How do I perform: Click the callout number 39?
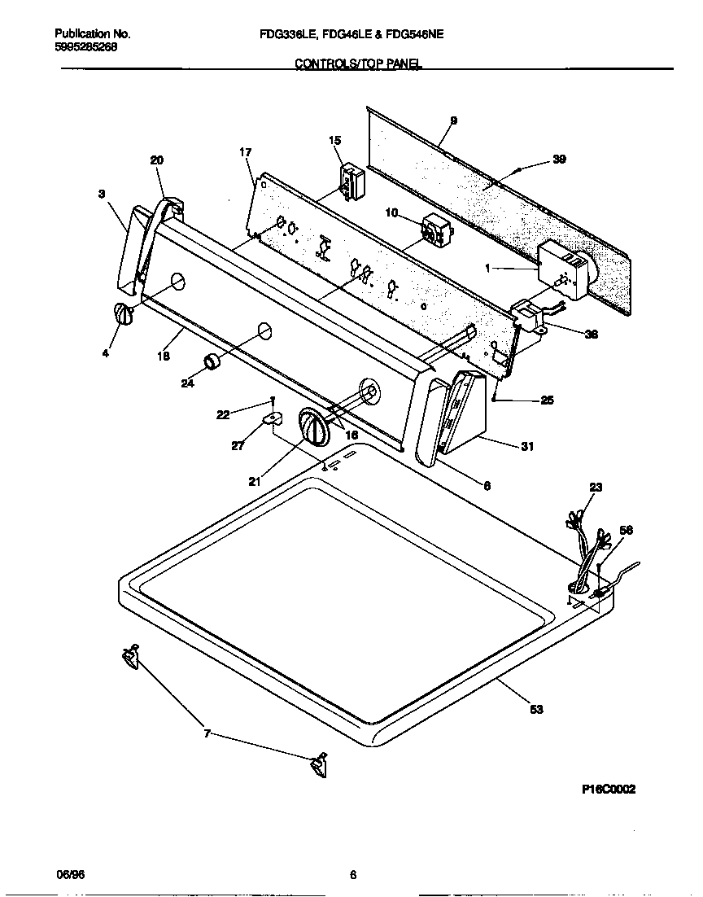[x=559, y=160]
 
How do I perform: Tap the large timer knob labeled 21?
[x=312, y=427]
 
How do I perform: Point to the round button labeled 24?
[x=212, y=362]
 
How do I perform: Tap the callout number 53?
[x=536, y=710]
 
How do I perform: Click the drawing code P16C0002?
[x=609, y=789]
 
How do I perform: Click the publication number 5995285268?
[x=85, y=47]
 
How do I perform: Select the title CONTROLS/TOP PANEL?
[x=357, y=63]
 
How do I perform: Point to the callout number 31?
[x=527, y=445]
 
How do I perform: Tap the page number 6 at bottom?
[x=353, y=875]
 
